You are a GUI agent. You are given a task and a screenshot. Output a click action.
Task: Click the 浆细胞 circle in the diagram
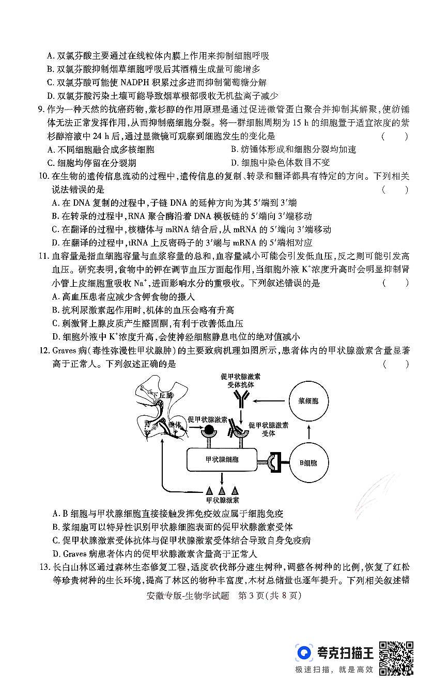(308, 401)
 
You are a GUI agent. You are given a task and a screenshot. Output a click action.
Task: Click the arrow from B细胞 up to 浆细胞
(308, 431)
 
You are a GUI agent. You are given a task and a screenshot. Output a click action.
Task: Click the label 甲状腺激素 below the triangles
(222, 500)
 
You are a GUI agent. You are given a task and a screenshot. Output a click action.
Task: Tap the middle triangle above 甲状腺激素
(222, 490)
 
